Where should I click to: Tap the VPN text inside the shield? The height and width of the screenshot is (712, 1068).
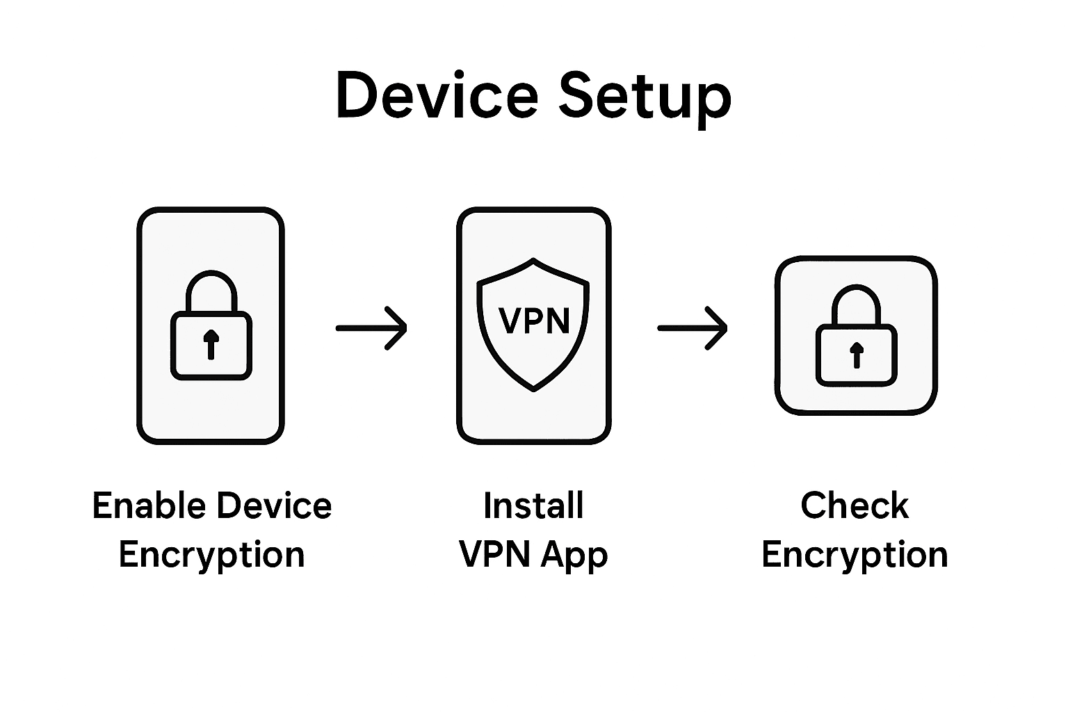point(534,321)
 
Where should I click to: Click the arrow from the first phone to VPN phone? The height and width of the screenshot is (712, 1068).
point(371,327)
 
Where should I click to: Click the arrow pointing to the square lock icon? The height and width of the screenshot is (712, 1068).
point(693,327)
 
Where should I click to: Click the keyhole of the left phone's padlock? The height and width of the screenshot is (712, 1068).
point(211,343)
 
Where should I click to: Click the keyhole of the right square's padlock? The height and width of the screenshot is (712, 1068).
point(856,355)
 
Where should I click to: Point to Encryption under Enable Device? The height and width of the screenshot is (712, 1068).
point(211,556)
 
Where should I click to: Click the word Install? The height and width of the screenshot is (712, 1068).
point(533,505)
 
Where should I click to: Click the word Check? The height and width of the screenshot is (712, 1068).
point(855,505)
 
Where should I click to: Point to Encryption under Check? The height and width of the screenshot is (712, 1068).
point(855,556)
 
